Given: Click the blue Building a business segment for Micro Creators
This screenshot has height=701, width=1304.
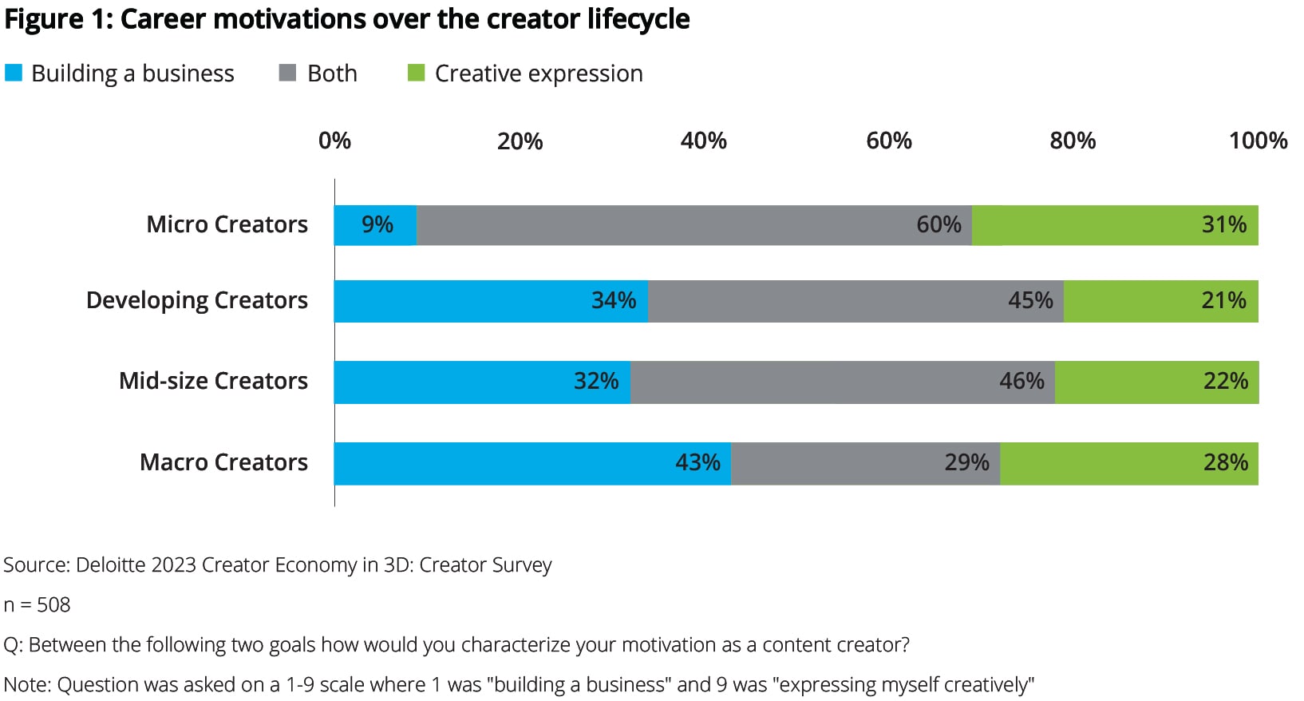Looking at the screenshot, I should pyautogui.click(x=375, y=225).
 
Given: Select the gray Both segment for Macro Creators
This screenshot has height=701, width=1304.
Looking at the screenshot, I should pyautogui.click(x=865, y=463).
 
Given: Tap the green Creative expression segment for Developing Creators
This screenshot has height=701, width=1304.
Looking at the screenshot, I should pyautogui.click(x=1160, y=301).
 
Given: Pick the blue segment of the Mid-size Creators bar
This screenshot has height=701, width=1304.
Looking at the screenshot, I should pyautogui.click(x=482, y=382).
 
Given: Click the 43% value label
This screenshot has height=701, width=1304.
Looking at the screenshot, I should pyautogui.click(x=697, y=463).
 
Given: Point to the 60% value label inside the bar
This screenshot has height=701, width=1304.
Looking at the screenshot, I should pyautogui.click(x=938, y=225).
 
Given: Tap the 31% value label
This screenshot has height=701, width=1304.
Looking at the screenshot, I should pyautogui.click(x=1224, y=225).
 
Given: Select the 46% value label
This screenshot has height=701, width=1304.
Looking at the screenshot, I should pyautogui.click(x=1021, y=382).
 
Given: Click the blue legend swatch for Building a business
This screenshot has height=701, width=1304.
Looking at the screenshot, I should pyautogui.click(x=14, y=73).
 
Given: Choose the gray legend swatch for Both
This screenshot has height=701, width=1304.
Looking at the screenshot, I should pyautogui.click(x=287, y=73).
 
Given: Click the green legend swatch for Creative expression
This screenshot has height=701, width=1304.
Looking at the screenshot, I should pyautogui.click(x=416, y=73).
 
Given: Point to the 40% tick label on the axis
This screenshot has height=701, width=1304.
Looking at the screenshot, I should pyautogui.click(x=703, y=141).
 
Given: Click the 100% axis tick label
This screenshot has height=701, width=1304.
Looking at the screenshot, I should pyautogui.click(x=1258, y=141).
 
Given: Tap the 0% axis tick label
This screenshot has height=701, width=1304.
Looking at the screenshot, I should pyautogui.click(x=334, y=141).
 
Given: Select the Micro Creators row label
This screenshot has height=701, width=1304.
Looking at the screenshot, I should pyautogui.click(x=227, y=225).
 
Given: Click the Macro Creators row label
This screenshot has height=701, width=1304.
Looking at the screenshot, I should pyautogui.click(x=223, y=463).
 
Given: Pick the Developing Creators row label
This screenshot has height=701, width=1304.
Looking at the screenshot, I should pyautogui.click(x=196, y=301).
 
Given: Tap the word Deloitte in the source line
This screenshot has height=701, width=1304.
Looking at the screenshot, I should pyautogui.click(x=111, y=565).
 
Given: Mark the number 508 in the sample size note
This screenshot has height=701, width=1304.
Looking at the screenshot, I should pyautogui.click(x=53, y=605).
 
